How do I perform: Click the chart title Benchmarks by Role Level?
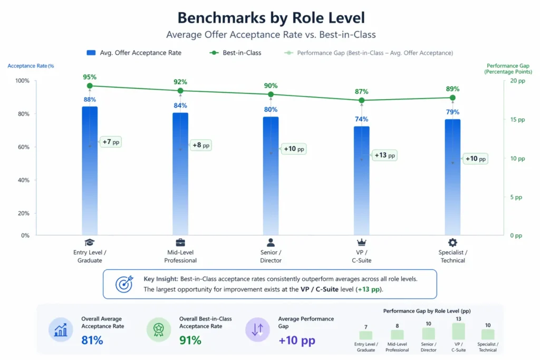(271, 17)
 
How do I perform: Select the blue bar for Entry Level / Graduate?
(90, 169)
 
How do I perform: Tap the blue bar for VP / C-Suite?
(361, 179)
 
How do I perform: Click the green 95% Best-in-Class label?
(90, 77)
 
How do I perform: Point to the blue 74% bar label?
(361, 119)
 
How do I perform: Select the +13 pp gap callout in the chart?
(384, 155)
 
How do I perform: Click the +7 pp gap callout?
(111, 142)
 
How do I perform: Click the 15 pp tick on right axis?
(517, 120)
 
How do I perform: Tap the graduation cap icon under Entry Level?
(90, 242)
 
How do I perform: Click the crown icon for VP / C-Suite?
(361, 242)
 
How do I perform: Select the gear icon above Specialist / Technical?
(452, 242)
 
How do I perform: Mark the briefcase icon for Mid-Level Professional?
(180, 242)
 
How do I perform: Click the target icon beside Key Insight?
(124, 284)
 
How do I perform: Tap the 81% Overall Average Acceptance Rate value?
(92, 340)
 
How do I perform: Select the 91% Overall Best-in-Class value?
(190, 340)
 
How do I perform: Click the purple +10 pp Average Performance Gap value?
(297, 340)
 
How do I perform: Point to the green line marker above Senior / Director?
(271, 94)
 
